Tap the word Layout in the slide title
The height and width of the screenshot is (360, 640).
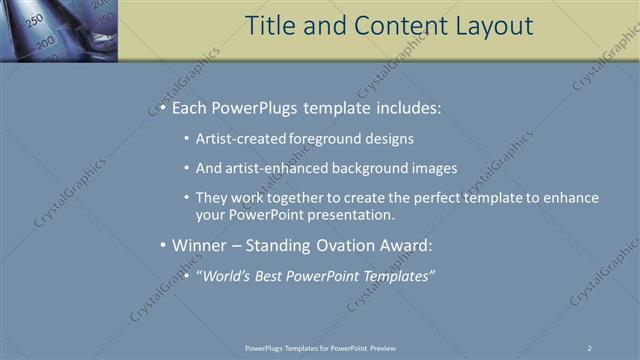(486, 26)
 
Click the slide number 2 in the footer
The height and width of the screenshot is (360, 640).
(590, 347)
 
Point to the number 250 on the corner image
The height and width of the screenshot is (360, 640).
(33, 20)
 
